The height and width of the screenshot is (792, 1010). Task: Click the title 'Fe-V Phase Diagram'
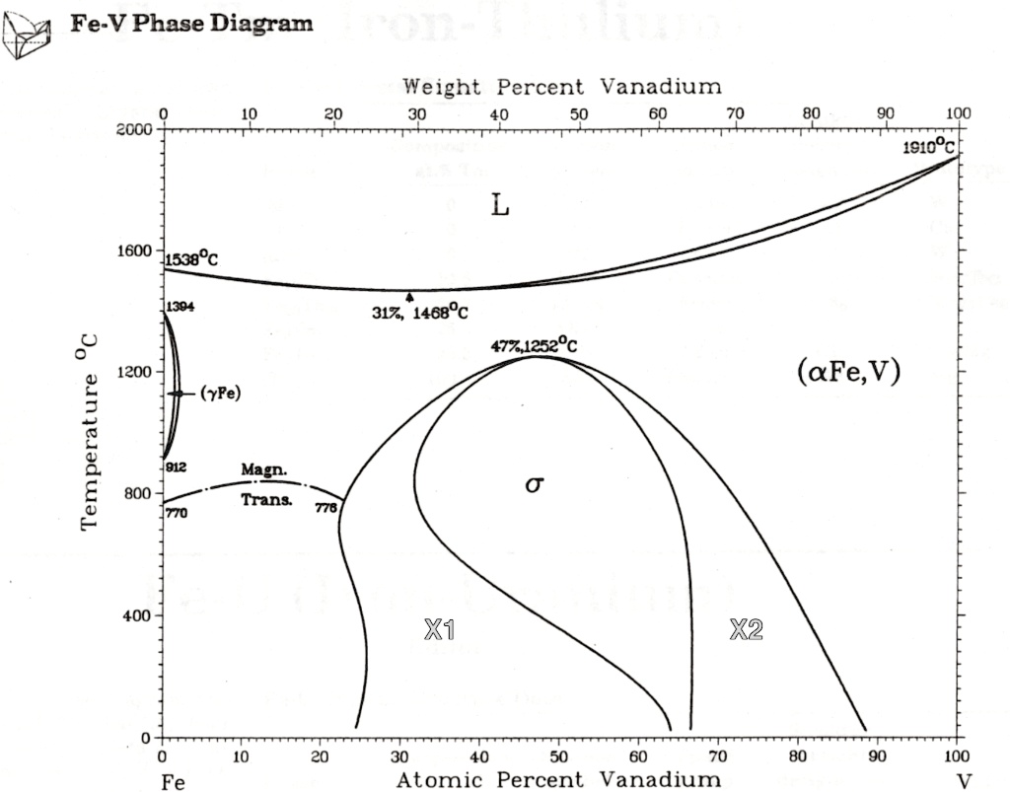pyautogui.click(x=191, y=23)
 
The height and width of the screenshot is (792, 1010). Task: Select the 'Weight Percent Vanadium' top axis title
pyautogui.click(x=561, y=87)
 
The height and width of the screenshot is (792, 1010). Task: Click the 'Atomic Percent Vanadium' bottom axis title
pyautogui.click(x=558, y=780)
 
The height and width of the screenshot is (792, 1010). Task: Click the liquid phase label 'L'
pyautogui.click(x=500, y=206)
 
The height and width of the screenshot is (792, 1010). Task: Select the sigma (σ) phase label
pyautogui.click(x=534, y=484)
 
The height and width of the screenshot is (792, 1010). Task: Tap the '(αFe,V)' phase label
pyautogui.click(x=847, y=373)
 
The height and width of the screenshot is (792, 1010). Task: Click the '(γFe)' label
pyautogui.click(x=220, y=394)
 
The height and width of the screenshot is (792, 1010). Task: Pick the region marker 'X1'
pyautogui.click(x=439, y=630)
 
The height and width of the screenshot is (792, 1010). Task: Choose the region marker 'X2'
pyautogui.click(x=746, y=630)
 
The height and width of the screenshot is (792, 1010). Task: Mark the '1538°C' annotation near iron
pyautogui.click(x=191, y=259)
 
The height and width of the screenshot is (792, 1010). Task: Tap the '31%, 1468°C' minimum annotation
pyautogui.click(x=419, y=313)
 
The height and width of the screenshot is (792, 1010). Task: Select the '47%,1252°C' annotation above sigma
pyautogui.click(x=534, y=345)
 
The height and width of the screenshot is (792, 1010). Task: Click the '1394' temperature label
pyautogui.click(x=180, y=307)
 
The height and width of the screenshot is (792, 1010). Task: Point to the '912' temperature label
pyautogui.click(x=177, y=467)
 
